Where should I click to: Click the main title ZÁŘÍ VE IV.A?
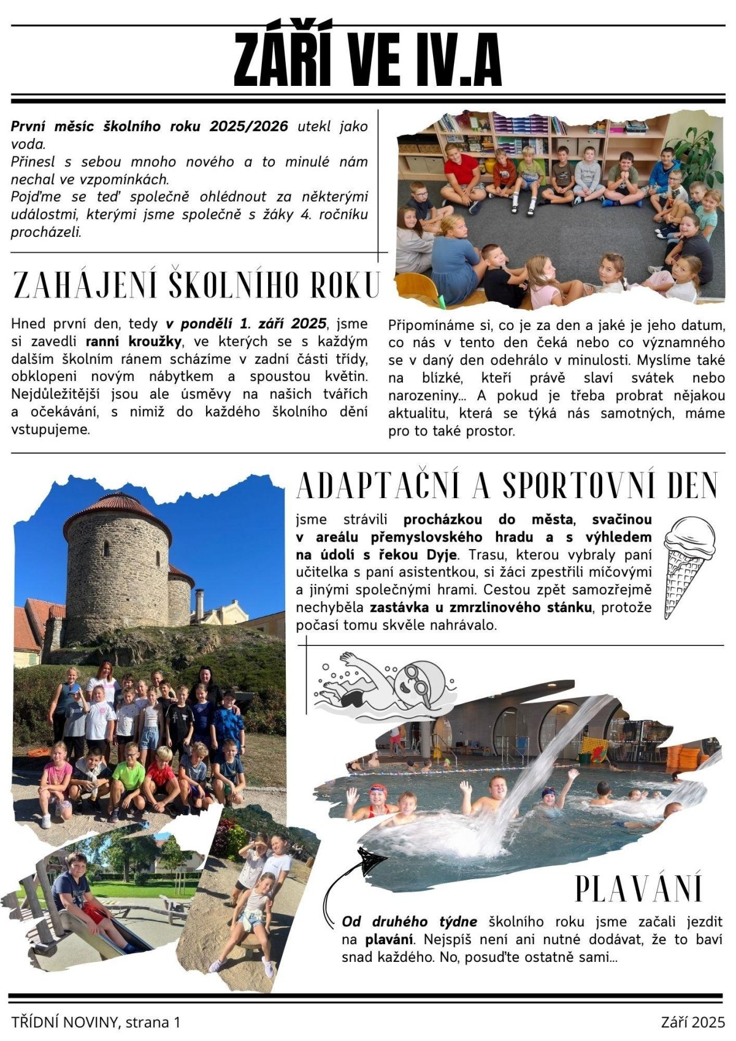368,60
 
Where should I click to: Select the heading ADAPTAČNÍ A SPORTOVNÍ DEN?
507,486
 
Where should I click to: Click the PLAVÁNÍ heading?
638,888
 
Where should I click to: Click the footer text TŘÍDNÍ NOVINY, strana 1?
96,1022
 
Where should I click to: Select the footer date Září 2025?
692,1022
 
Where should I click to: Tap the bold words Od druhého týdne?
409,921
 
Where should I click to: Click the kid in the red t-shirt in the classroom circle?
461,172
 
